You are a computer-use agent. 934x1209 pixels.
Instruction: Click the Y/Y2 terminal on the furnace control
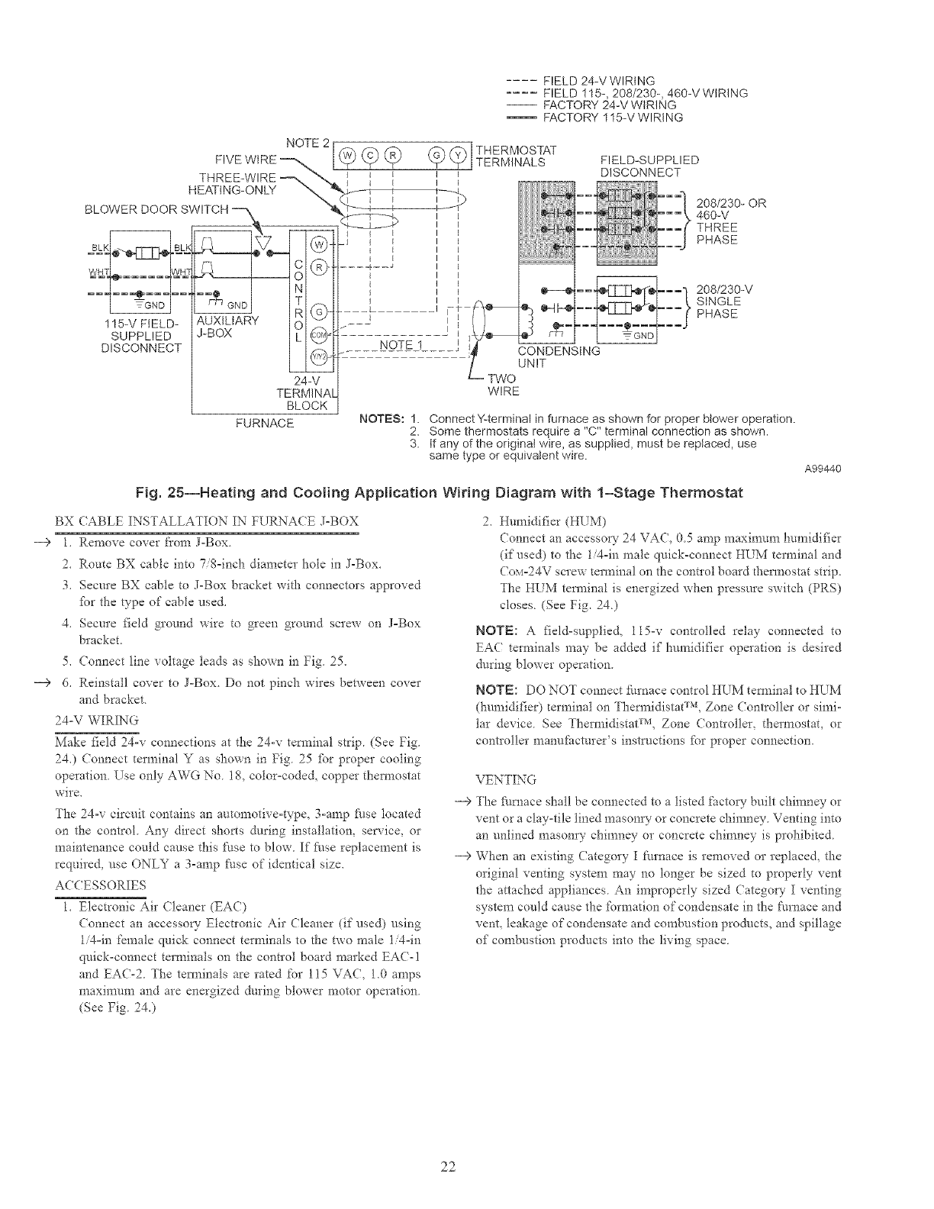click(320, 357)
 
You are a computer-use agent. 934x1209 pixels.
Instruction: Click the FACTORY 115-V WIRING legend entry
click(611, 118)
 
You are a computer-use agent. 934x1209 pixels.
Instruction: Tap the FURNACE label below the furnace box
click(264, 422)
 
